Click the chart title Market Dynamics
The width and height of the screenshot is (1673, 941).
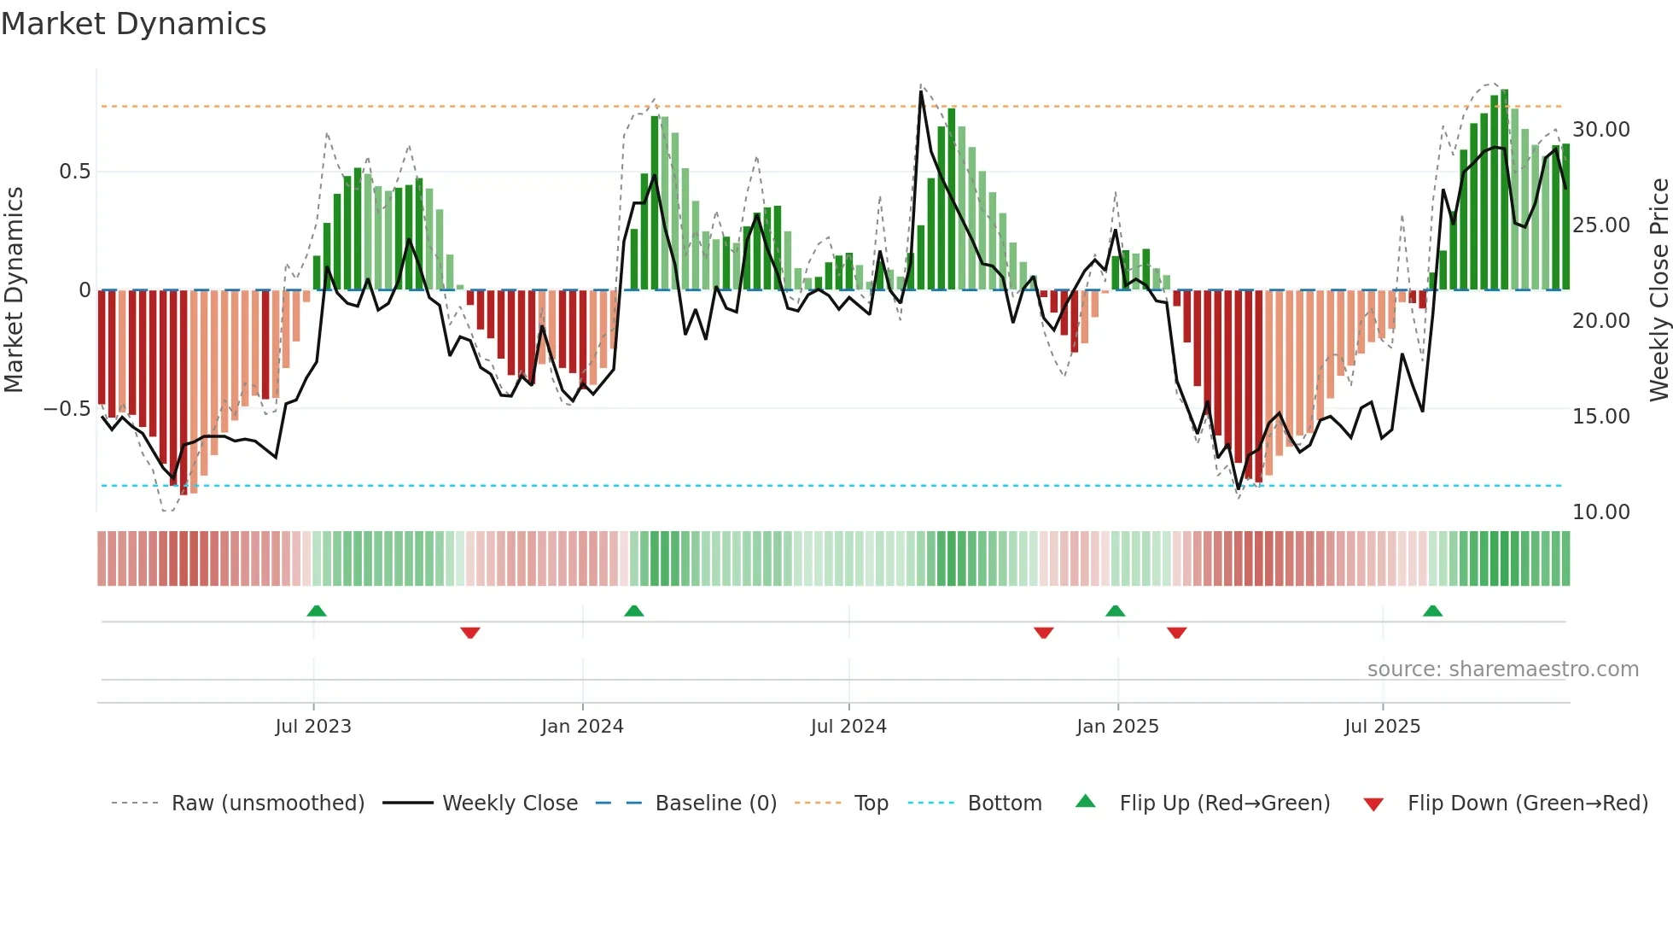point(133,24)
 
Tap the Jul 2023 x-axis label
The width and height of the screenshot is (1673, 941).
point(312,727)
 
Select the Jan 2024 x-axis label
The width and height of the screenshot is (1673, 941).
point(582,727)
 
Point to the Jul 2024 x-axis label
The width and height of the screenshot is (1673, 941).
point(848,727)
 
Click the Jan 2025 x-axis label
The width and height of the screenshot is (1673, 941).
point(1117,727)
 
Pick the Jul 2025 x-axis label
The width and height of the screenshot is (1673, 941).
point(1382,727)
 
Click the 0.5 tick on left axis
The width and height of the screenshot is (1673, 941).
point(74,172)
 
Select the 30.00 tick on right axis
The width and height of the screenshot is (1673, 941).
point(1600,130)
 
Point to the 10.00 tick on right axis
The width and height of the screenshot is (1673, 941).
point(1600,512)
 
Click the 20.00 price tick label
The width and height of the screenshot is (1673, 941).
point(1600,321)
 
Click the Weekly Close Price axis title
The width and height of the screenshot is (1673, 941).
point(1658,290)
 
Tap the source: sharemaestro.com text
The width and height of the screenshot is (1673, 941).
point(1502,669)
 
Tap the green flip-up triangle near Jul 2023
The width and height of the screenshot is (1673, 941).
point(317,611)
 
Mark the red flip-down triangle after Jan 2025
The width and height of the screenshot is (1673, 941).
point(1176,633)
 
